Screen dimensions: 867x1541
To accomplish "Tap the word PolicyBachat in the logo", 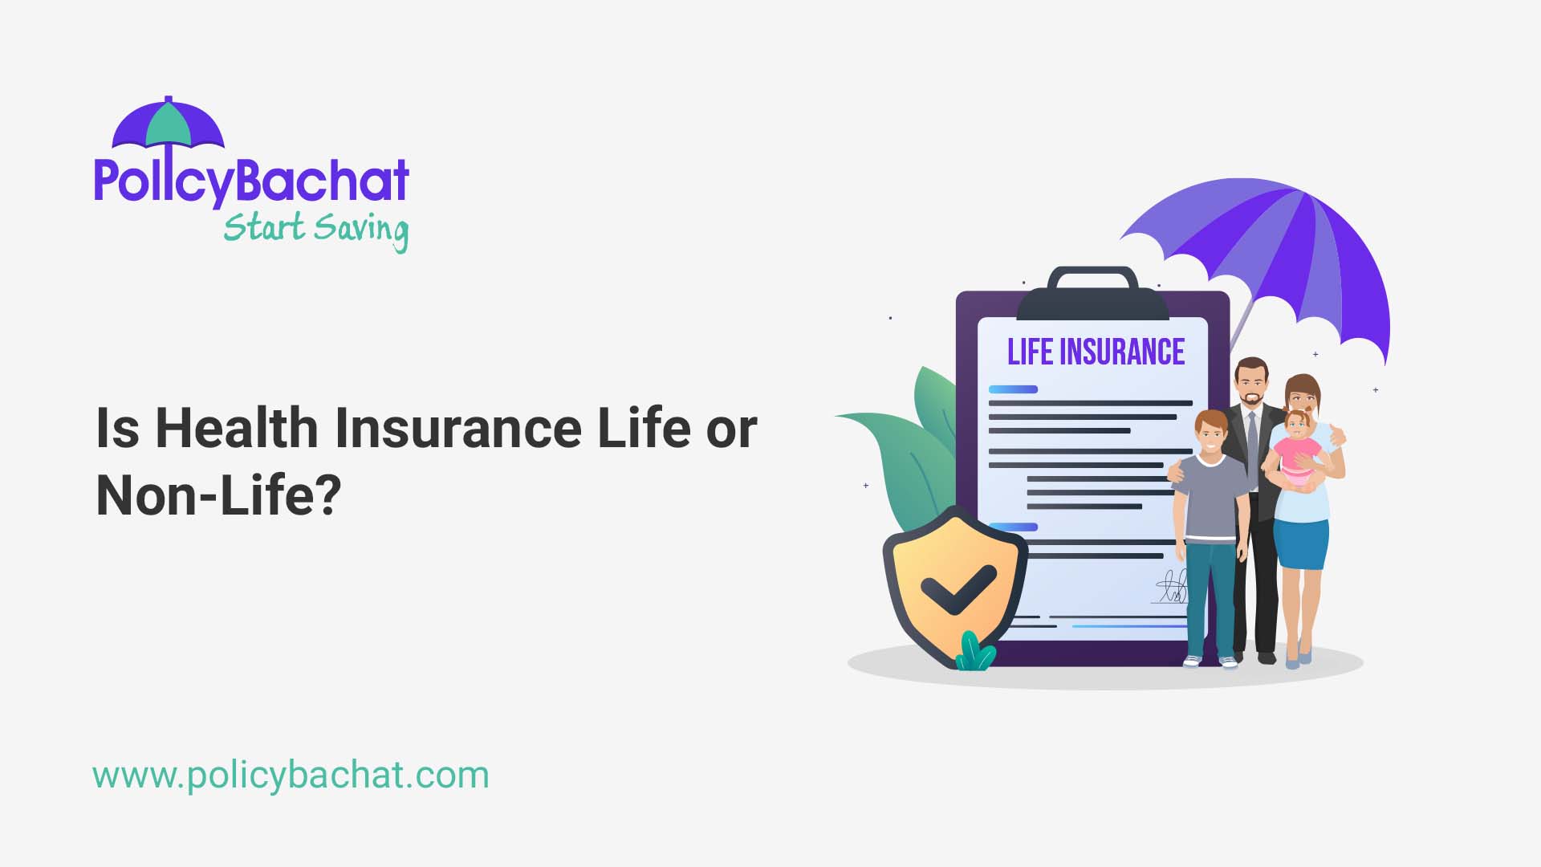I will tap(251, 181).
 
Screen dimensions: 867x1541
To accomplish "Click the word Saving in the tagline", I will tap(361, 230).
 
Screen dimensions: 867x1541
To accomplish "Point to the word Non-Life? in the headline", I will tap(218, 495).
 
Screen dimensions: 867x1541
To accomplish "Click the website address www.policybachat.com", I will tap(291, 775).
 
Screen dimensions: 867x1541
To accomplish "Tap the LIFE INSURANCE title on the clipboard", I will tap(1096, 352).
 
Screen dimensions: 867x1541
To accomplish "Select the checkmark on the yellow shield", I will tap(958, 588).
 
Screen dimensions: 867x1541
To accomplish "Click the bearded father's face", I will tap(1251, 385).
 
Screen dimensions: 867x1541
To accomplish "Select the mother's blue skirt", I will tap(1301, 544).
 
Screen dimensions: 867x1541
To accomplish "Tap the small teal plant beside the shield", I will tap(974, 652).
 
